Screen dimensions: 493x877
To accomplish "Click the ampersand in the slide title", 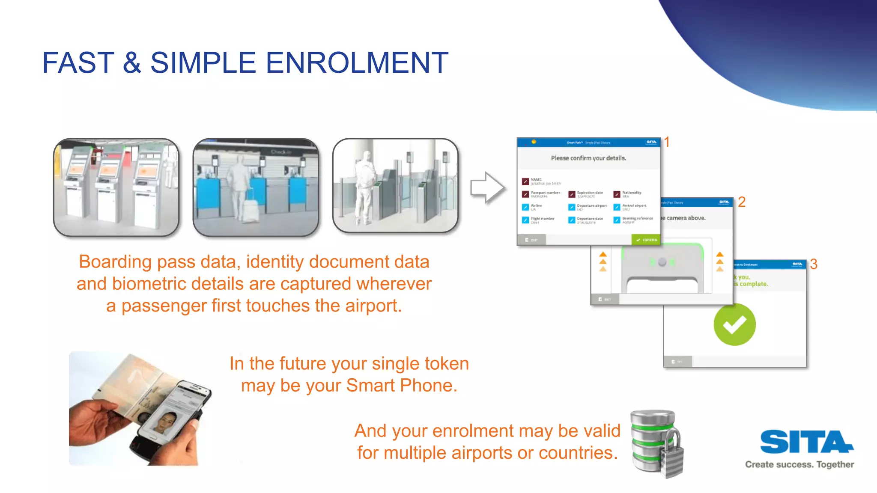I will coord(132,63).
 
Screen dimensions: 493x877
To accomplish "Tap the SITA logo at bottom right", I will coord(806,442).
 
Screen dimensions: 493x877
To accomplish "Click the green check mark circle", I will coord(734,324).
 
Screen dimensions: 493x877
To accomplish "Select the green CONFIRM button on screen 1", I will coord(646,240).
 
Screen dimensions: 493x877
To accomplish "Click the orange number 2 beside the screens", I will coord(742,202).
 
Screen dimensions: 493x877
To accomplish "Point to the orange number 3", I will coord(814,264).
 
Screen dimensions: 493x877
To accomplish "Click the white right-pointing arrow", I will coord(487,188).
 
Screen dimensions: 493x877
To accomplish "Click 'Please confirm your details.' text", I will coord(588,158).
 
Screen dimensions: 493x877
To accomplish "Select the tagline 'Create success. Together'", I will coord(799,465).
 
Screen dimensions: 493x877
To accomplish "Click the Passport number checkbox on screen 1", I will coord(525,194).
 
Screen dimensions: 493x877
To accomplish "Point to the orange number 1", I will coord(667,142).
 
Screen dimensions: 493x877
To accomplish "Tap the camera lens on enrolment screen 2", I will coord(662,262).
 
